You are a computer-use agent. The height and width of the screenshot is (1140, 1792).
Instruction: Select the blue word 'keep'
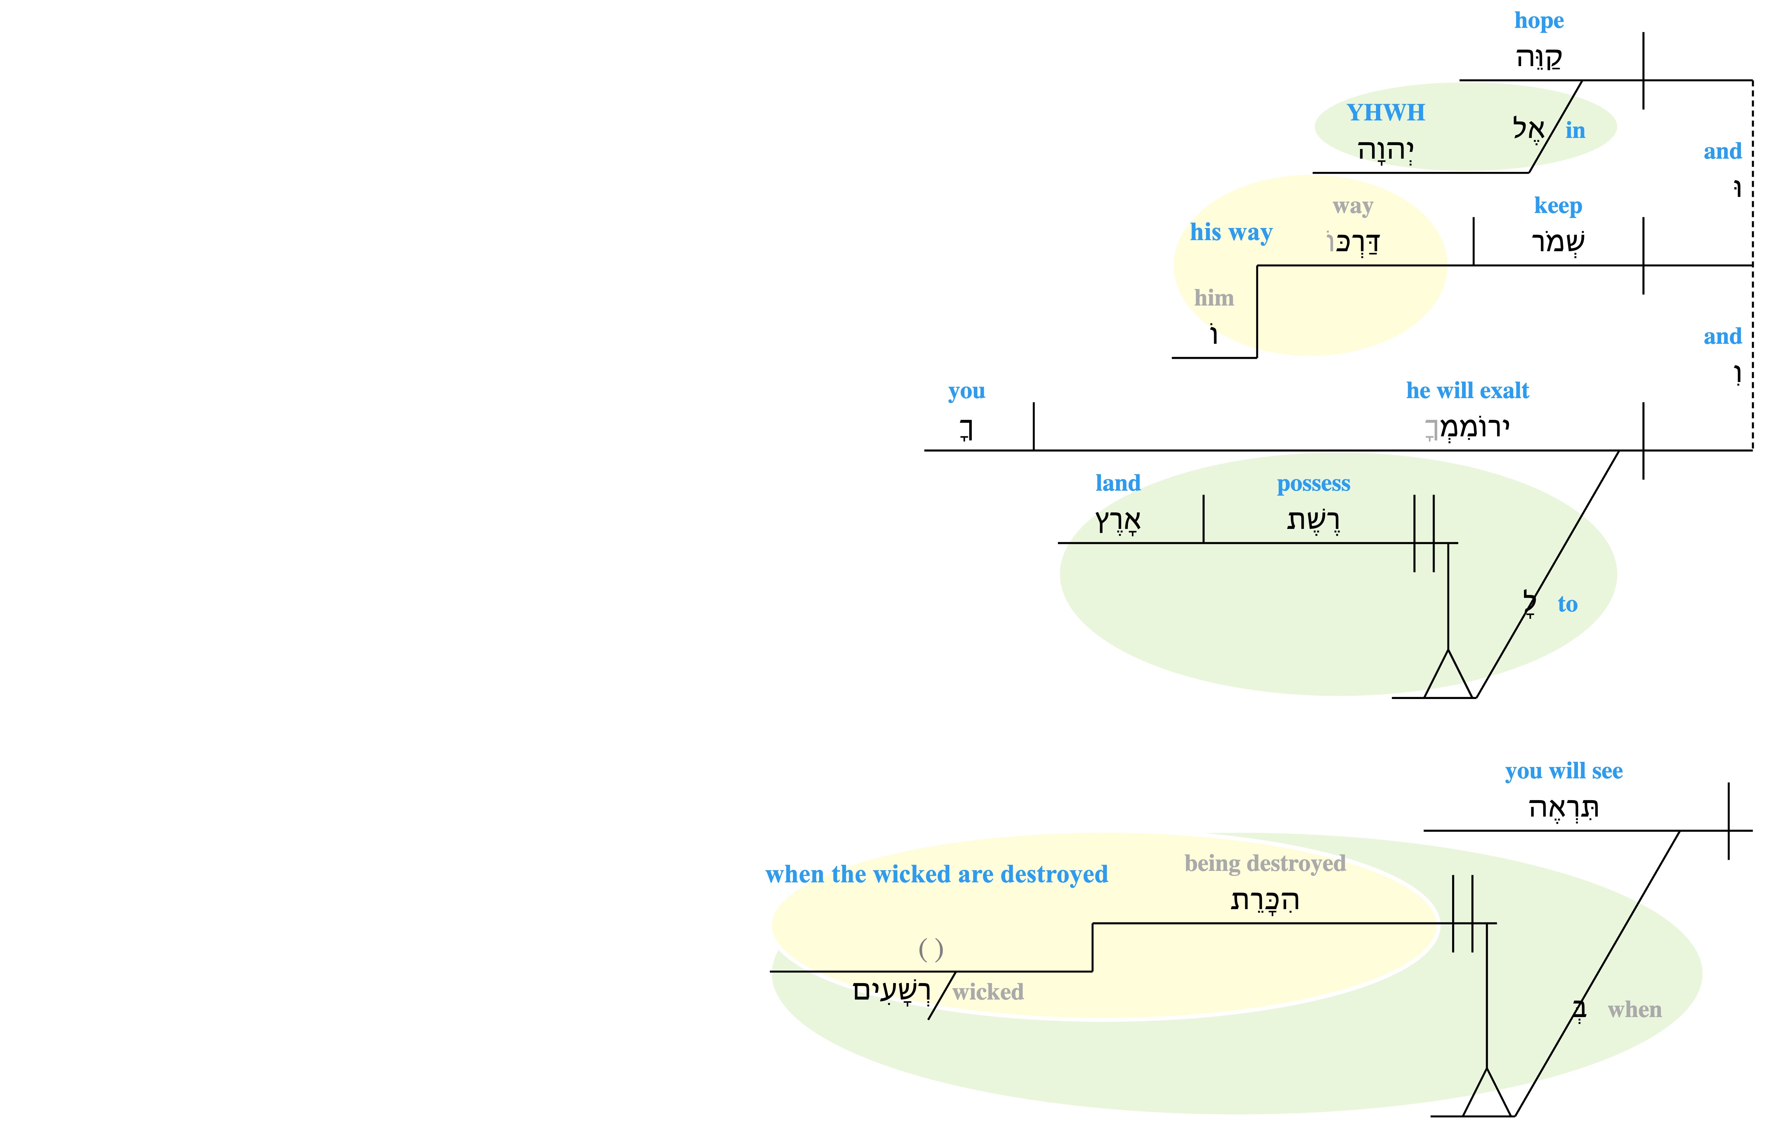[x=1558, y=206]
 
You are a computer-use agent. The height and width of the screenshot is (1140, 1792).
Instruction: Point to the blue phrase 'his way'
[x=1231, y=233]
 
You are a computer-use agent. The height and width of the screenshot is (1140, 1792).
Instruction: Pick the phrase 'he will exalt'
[x=1467, y=391]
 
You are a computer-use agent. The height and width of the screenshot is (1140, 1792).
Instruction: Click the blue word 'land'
[x=1118, y=483]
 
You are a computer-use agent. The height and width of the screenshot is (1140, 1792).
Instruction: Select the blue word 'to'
[x=1567, y=604]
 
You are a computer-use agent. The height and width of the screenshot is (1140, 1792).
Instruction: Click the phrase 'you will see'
[x=1564, y=772]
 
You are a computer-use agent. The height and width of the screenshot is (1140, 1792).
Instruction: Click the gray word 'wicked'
[x=987, y=992]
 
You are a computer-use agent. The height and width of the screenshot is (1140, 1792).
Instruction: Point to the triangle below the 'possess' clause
[x=1448, y=674]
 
